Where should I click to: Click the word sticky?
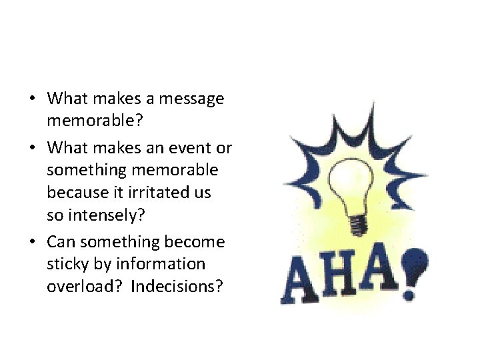pos(67,264)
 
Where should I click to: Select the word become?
pos(195,241)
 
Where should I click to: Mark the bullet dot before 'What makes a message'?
pos(32,100)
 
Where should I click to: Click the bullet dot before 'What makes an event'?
pos(32,147)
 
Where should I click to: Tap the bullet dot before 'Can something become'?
pos(32,241)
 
